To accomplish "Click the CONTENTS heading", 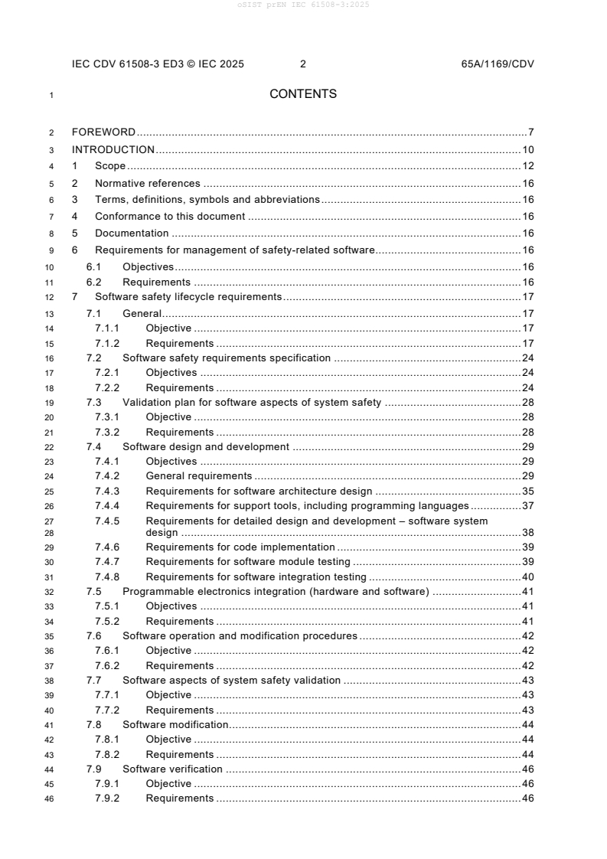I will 303,94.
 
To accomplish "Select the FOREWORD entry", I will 103,132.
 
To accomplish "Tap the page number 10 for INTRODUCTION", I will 527,149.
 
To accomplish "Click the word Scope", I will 110,166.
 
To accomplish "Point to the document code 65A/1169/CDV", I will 498,64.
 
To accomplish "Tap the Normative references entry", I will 147,183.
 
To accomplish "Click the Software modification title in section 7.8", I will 175,724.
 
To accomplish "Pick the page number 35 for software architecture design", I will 527,491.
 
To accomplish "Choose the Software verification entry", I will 172,769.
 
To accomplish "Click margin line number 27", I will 50,521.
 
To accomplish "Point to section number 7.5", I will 93,591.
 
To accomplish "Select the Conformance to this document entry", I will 170,216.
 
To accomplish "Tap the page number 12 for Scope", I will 527,166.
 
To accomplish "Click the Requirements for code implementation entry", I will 240,547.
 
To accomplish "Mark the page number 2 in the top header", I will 303,64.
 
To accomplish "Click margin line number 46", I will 50,799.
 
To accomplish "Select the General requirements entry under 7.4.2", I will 198,476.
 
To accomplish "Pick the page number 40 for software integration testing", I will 527,576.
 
